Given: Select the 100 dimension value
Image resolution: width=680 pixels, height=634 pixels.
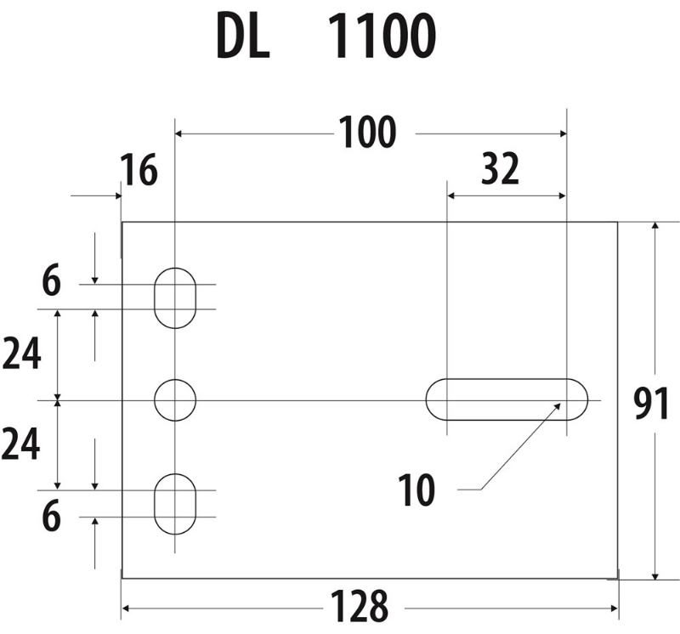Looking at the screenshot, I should [367, 133].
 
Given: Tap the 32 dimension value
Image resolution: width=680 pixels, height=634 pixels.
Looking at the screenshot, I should [500, 171].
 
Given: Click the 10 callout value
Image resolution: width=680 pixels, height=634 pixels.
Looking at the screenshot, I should [416, 490].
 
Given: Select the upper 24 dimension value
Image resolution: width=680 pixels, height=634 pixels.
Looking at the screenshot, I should [21, 354].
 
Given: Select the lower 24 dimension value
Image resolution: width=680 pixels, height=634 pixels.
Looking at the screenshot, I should [21, 444].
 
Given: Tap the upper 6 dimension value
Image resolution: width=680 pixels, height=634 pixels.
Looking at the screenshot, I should [52, 282].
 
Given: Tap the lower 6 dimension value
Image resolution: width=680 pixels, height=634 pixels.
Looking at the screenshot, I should [52, 518].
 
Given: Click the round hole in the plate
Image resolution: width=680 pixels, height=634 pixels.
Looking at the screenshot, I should [175, 399].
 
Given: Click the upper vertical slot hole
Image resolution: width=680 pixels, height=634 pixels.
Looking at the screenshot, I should [175, 297].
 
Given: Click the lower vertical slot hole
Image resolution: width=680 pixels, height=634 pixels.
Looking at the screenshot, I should [175, 504].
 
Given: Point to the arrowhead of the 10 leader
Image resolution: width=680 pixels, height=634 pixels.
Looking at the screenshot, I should [558, 405].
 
